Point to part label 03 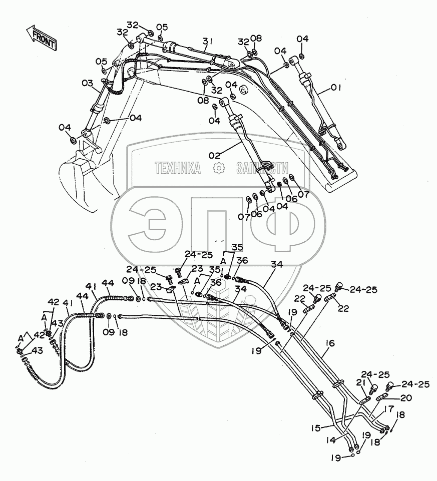(x=87, y=83)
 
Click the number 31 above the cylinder (x=208, y=41)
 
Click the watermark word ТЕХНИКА (x=178, y=168)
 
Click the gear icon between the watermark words (x=219, y=169)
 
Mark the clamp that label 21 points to (x=363, y=399)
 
